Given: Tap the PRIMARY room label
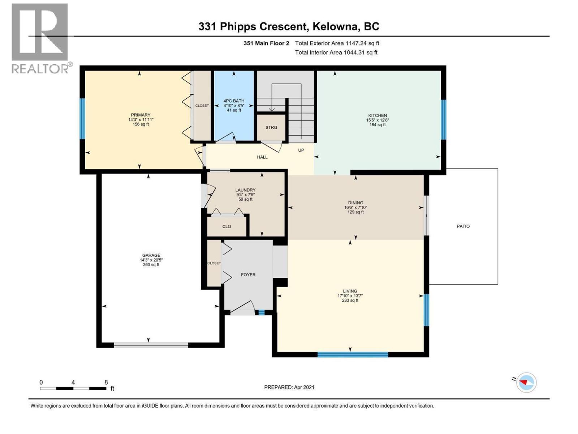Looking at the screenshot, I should pyautogui.click(x=141, y=115).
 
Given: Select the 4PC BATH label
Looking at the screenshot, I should pyautogui.click(x=234, y=101).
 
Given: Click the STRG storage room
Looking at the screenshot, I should pyautogui.click(x=271, y=128).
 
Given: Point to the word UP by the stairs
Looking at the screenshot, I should pyautogui.click(x=301, y=150).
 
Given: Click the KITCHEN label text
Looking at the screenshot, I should pyautogui.click(x=378, y=115).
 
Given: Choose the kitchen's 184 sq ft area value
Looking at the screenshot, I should pyautogui.click(x=378, y=125).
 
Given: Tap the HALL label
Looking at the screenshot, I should pyautogui.click(x=262, y=157).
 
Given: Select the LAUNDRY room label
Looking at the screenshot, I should pyautogui.click(x=245, y=190).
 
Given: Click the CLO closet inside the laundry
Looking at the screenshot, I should pyautogui.click(x=227, y=226).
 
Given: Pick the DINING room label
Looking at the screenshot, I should pyautogui.click(x=355, y=203).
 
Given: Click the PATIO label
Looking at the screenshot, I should pyautogui.click(x=463, y=226).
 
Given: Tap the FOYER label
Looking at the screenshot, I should pyautogui.click(x=248, y=275).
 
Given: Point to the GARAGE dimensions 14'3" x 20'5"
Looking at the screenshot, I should pyautogui.click(x=151, y=260).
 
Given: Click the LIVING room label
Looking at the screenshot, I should pyautogui.click(x=350, y=291).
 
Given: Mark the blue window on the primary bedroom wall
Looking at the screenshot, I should pyautogui.click(x=82, y=119).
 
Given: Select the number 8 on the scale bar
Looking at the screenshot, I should pyautogui.click(x=106, y=382).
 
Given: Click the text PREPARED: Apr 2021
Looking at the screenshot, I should pyautogui.click(x=289, y=387).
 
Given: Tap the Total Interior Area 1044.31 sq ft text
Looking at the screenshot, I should pyautogui.click(x=336, y=52).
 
